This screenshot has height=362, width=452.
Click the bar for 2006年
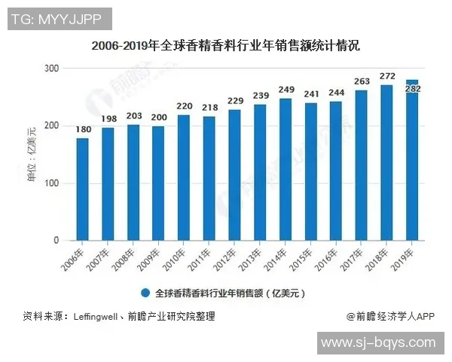(83, 189)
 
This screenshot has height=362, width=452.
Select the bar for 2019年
(413, 160)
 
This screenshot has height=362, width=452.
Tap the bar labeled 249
(286, 170)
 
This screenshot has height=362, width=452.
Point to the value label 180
(83, 130)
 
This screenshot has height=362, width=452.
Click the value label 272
(387, 76)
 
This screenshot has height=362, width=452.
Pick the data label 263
(362, 81)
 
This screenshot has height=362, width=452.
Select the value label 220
(184, 106)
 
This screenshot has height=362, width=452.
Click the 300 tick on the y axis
(51, 69)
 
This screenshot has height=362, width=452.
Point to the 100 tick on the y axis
(51, 183)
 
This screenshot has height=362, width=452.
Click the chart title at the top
(225, 45)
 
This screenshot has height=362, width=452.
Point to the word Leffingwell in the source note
(97, 317)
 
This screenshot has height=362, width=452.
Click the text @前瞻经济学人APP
(390, 317)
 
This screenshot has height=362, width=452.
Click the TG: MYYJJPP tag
(58, 18)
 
